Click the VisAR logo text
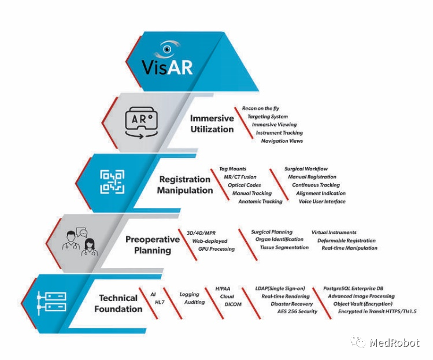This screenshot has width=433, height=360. [x=167, y=67]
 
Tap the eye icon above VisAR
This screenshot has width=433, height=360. [x=167, y=49]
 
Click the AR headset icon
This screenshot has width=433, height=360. [x=142, y=123]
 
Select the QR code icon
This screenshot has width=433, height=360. [x=112, y=181]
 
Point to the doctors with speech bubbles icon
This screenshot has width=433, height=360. [x=80, y=242]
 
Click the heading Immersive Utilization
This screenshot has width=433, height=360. [x=212, y=124]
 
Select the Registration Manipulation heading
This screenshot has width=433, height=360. [x=185, y=185]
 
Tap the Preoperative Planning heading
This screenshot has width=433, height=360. [x=153, y=245]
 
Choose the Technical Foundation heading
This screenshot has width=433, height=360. [x=118, y=303]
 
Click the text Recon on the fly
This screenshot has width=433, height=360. [x=261, y=109]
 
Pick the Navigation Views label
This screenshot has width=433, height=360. [x=282, y=141]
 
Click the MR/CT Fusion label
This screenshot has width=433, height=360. [x=240, y=177]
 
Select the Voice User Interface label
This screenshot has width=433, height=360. [x=322, y=202]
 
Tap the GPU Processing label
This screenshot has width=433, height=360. [x=216, y=249]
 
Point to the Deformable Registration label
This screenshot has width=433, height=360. [x=346, y=241]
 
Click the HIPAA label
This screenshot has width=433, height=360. [x=223, y=289]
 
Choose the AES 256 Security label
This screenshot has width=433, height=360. [x=297, y=311]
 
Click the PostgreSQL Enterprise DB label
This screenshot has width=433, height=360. [x=353, y=288]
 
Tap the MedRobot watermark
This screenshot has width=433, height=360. [x=386, y=343]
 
